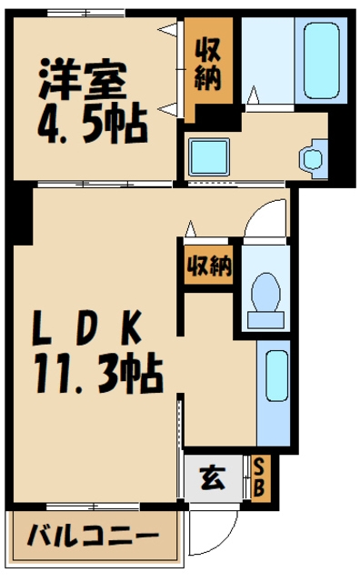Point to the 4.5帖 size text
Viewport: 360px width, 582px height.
coord(91,125)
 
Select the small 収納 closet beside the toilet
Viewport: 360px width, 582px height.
coord(209,266)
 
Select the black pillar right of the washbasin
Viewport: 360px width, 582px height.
coord(342,145)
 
